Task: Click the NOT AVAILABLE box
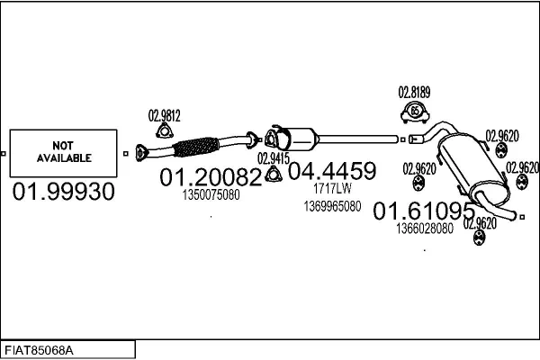click(64, 152)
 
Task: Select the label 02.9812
click(165, 115)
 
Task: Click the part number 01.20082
click(211, 177)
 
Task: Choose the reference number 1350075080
click(211, 194)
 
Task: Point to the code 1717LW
click(331, 189)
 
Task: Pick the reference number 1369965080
click(332, 206)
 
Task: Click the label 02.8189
click(414, 92)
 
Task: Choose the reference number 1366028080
click(424, 229)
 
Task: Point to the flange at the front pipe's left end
click(139, 152)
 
